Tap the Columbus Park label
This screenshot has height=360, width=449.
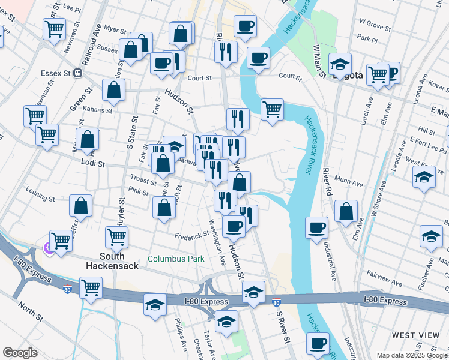pyautogui.click(x=176, y=259)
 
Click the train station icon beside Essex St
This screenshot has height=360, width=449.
pyautogui.click(x=78, y=73)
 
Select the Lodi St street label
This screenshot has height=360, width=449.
pyautogui.click(x=93, y=163)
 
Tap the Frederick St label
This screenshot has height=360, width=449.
pyautogui.click(x=188, y=236)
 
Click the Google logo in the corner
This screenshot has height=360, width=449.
pyautogui.click(x=20, y=353)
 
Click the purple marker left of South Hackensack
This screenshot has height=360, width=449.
pyautogui.click(x=47, y=247)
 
